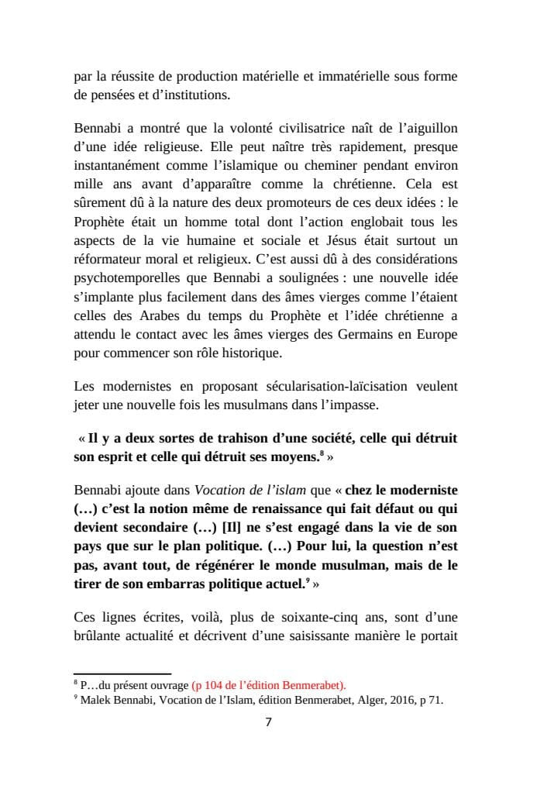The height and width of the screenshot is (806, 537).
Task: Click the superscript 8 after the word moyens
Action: tap(322, 453)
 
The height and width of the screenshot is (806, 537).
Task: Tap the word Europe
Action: tap(437, 333)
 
